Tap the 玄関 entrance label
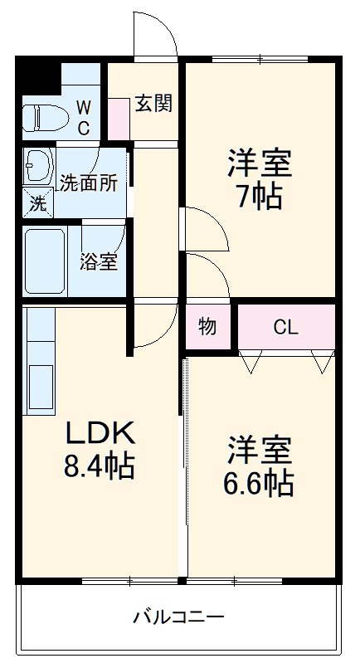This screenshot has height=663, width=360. pos(153,104)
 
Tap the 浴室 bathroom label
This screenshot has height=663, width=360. pos(98,262)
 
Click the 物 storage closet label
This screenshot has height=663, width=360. pos(207,326)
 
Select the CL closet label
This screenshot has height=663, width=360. pos(285,327)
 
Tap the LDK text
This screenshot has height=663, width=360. pos(100,432)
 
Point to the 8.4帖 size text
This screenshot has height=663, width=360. pos(100,467)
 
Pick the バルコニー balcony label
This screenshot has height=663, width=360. pos(178,618)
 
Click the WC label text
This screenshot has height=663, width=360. pos(84,117)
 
